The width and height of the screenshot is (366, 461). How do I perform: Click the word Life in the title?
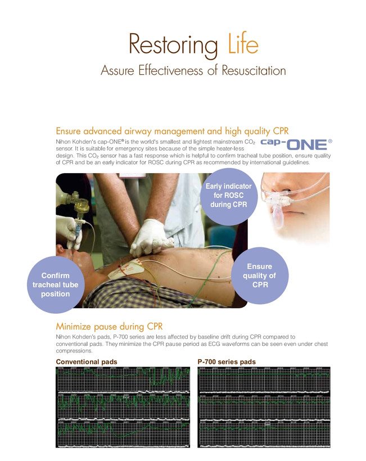(243, 43)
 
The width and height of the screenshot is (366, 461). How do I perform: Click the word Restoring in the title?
(173, 46)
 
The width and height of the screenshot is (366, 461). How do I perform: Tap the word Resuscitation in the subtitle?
(254, 71)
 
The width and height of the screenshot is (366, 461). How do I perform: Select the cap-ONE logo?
(296, 144)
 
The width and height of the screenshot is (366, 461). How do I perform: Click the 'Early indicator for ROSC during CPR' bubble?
(229, 196)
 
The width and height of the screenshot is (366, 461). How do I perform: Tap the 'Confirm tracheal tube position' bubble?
(56, 284)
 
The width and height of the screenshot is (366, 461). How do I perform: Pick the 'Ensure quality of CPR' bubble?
(260, 275)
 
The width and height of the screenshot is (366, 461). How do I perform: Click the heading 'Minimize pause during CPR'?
(109, 326)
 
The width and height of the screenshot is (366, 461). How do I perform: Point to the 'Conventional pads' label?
(87, 361)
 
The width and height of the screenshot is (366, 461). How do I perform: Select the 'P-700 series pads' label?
(227, 361)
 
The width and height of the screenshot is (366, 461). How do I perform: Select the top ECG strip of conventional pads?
(123, 380)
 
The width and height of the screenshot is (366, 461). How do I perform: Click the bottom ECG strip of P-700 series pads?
(264, 433)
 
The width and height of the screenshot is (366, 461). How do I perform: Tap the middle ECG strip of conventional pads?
(123, 407)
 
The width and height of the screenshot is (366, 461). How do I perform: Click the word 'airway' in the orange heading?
(138, 131)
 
